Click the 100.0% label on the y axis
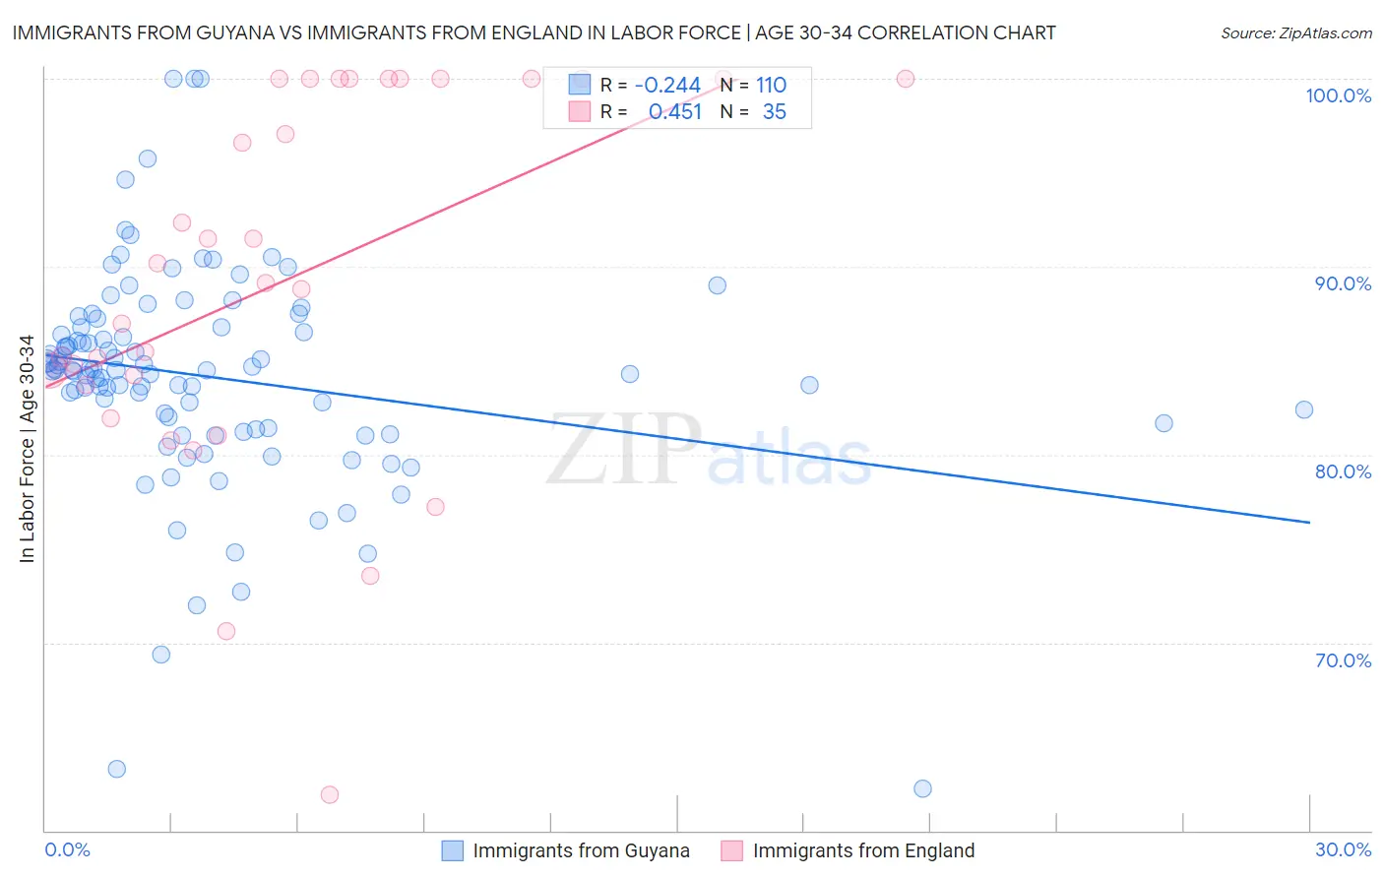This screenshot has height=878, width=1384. click(1338, 95)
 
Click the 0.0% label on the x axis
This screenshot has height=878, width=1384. click(67, 849)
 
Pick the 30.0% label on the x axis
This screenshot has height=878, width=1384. click(1343, 849)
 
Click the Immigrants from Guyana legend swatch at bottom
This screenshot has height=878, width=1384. click(452, 850)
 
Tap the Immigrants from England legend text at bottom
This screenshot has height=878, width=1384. click(863, 850)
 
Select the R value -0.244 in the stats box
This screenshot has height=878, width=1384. click(666, 86)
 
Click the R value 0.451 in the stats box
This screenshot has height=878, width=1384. click(674, 112)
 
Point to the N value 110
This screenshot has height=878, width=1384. click(771, 86)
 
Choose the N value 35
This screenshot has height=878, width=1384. click(774, 112)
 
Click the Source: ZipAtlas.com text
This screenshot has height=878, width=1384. click(1295, 32)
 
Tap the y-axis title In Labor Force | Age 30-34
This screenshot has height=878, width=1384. click(27, 449)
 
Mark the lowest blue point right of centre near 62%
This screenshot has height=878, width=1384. click(922, 788)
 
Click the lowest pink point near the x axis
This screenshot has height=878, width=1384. click(330, 794)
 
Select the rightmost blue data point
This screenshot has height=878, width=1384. click(1304, 409)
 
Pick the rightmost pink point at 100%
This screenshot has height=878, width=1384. click(906, 79)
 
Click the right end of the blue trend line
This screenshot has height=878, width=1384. click(1309, 522)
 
